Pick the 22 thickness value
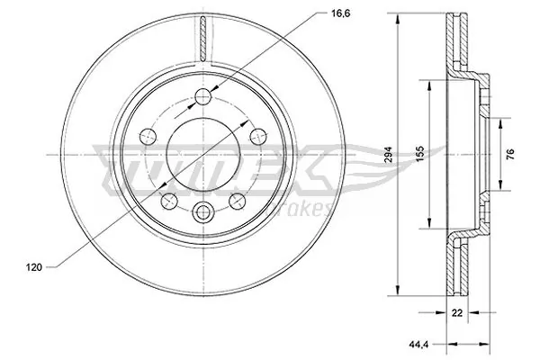tap(458, 315)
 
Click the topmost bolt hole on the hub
tap(202, 96)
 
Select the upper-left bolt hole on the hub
tap(147, 137)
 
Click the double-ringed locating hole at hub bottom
tap(202, 212)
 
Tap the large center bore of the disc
tap(202, 154)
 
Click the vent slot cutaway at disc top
tap(202, 40)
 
